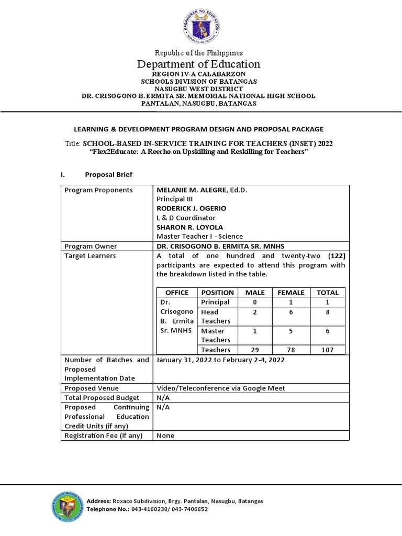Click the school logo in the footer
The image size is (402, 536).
pos(68,505)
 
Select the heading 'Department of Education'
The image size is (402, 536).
pos(198,64)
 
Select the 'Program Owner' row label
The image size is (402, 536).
pos(91,246)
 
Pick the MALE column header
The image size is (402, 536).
pos(254,293)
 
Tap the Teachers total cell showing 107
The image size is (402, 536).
pos(328,350)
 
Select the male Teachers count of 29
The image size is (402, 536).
pos(254,350)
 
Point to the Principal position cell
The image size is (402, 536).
pos(215,302)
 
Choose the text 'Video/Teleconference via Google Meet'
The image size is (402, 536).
pos(221,388)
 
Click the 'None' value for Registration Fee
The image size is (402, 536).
pos(165,435)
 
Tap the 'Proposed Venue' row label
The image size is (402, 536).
pos(91,388)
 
